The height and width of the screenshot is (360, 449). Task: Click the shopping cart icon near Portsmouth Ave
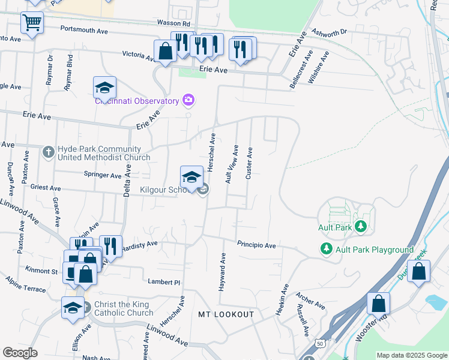tap(32, 23)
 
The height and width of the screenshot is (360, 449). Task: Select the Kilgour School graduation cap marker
tap(191, 176)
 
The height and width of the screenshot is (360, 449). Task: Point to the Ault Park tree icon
tap(361, 227)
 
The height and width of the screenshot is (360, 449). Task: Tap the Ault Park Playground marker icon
tap(326, 248)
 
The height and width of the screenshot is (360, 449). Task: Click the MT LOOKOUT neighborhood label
tap(226, 314)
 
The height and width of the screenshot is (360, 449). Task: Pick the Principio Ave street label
tap(256, 245)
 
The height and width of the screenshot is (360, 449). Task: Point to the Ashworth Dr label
tap(329, 32)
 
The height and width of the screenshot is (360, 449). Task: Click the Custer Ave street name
tap(249, 162)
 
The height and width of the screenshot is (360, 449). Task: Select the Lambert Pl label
tap(164, 281)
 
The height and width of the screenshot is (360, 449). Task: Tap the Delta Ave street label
tap(127, 179)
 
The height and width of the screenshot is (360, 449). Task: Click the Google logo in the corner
tap(20, 353)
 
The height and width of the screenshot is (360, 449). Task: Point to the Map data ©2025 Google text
tap(411, 355)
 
